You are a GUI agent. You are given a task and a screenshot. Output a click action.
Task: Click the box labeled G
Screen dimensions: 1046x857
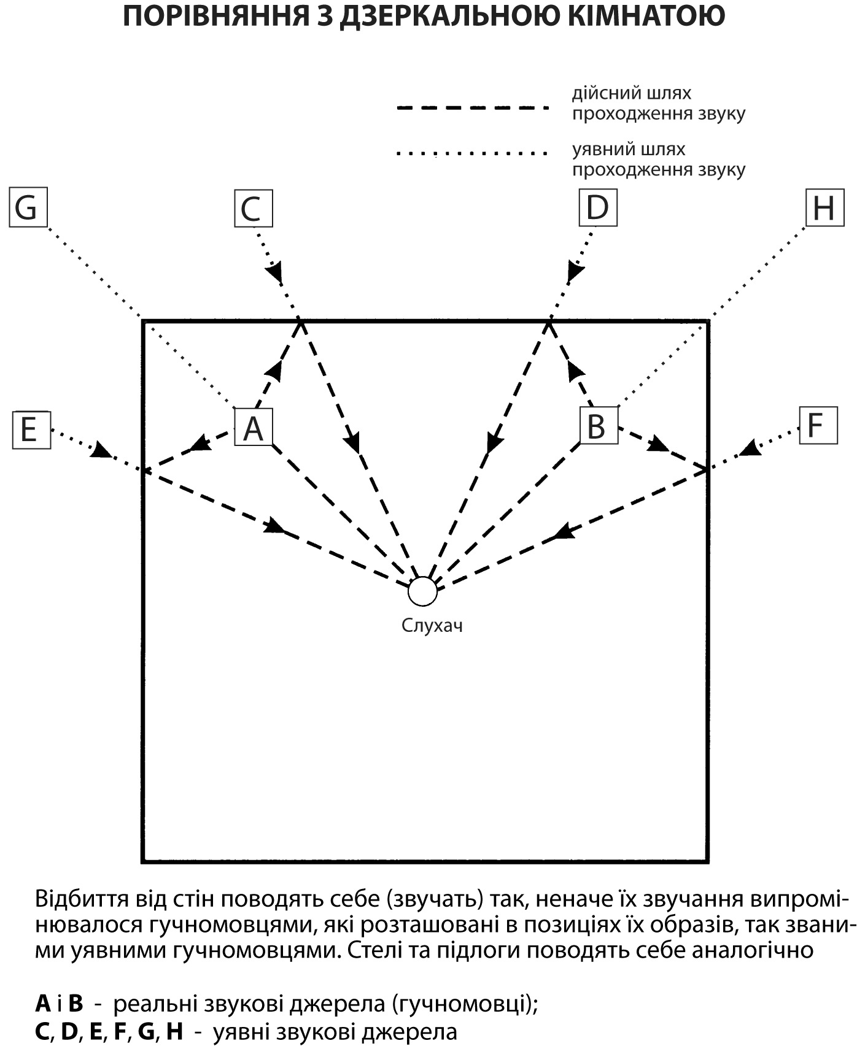tap(28, 208)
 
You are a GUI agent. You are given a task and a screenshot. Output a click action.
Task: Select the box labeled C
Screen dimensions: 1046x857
tap(253, 209)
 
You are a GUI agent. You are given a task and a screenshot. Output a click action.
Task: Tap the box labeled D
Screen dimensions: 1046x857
tap(597, 207)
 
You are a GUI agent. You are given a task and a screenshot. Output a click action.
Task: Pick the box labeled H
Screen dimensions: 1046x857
tap(824, 208)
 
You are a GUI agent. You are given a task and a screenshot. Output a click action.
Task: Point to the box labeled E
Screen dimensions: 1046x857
tap(31, 429)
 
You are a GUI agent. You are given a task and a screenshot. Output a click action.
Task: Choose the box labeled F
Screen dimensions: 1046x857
tap(818, 425)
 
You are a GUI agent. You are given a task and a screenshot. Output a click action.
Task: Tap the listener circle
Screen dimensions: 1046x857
tap(422, 591)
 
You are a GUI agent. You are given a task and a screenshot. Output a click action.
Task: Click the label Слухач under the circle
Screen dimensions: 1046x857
tap(432, 626)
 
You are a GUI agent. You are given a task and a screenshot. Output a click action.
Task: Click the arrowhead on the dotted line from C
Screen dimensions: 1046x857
tap(275, 271)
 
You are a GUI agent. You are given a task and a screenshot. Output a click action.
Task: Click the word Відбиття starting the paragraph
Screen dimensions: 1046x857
tap(79, 899)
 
